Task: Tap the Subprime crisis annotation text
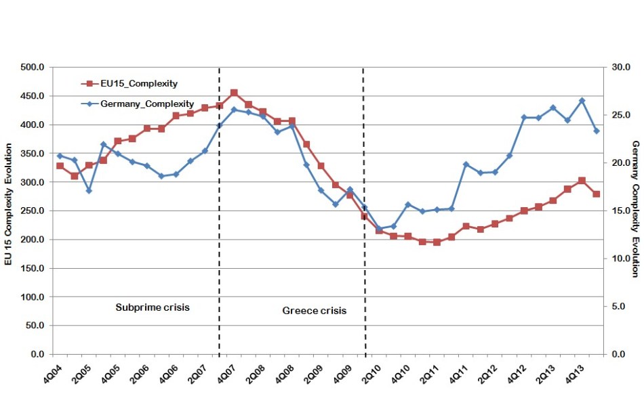pyautogui.click(x=153, y=307)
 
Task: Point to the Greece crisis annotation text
pyautogui.click(x=314, y=311)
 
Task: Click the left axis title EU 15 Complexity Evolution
pyautogui.click(x=9, y=204)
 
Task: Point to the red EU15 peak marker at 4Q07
pyautogui.click(x=234, y=92)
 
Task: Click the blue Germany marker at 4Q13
pyautogui.click(x=582, y=100)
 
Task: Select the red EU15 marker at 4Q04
pyautogui.click(x=60, y=166)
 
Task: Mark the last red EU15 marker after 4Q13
pyautogui.click(x=597, y=194)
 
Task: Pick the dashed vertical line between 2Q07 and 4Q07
pyautogui.click(x=219, y=203)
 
